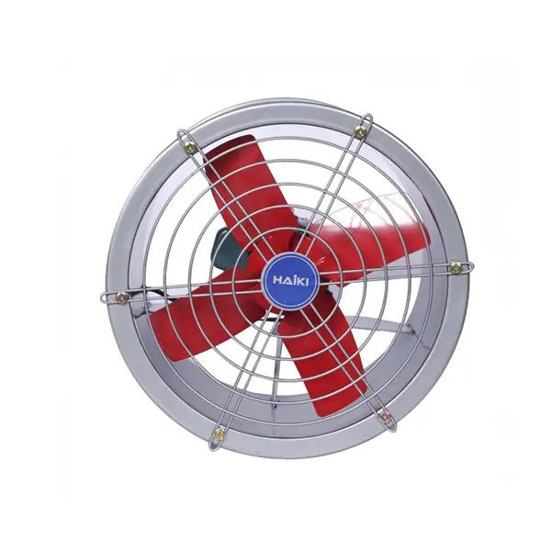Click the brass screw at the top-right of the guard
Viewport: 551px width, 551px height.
point(359,132)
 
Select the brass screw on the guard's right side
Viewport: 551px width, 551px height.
point(455,268)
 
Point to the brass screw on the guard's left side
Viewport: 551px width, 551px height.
point(121,298)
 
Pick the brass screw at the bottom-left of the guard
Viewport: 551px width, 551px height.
point(219,432)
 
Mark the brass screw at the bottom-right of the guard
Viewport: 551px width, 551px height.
point(385,416)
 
